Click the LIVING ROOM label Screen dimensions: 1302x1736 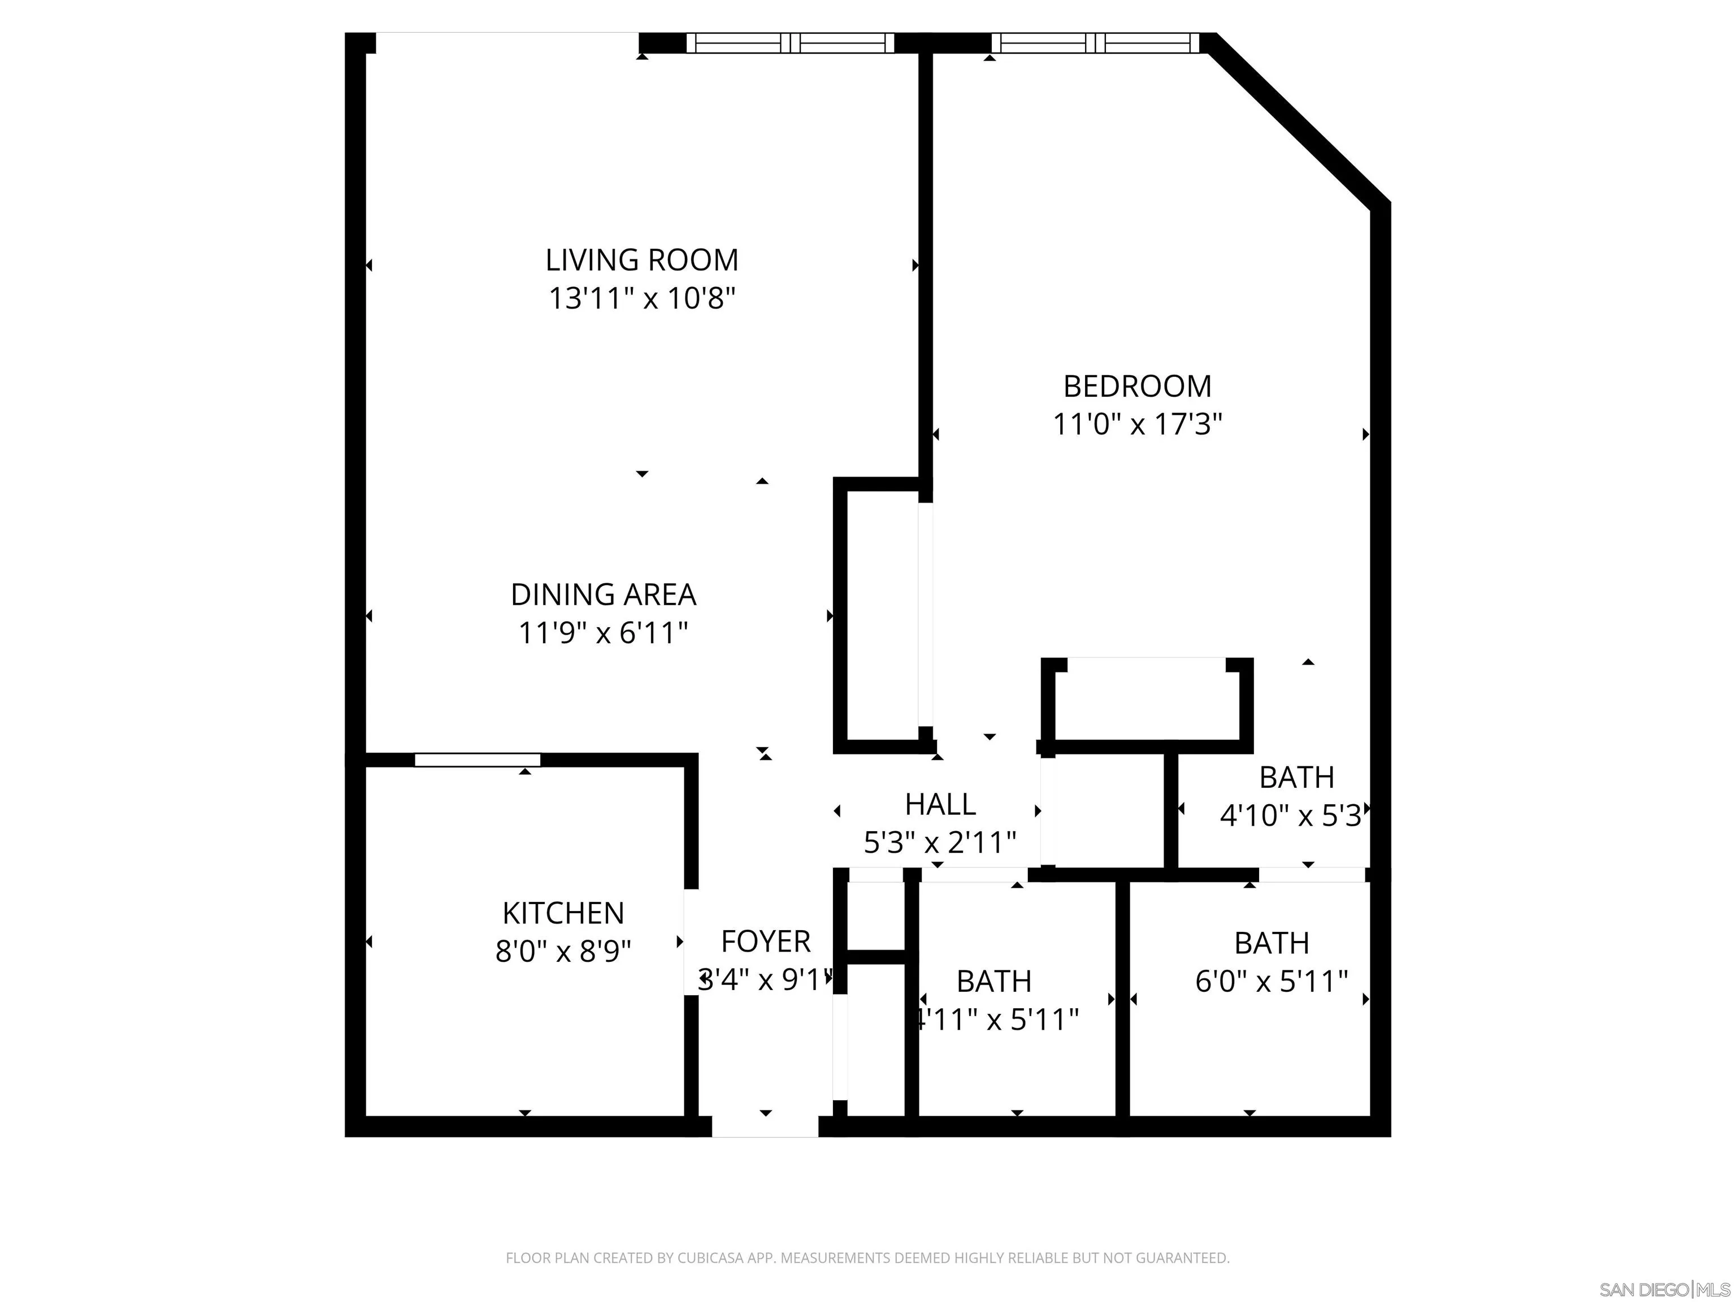click(x=641, y=260)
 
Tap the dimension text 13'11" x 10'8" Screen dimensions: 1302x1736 click(x=641, y=299)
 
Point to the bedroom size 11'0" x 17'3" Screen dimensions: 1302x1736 click(x=1136, y=424)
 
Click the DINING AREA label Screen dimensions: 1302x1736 click(x=603, y=595)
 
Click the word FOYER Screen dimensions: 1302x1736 click(x=765, y=941)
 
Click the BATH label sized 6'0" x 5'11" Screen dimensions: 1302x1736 click(x=1271, y=943)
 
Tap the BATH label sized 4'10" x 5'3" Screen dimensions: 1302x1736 click(x=1296, y=777)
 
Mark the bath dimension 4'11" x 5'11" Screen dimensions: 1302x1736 click(x=997, y=1019)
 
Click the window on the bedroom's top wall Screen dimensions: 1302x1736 click(x=1095, y=42)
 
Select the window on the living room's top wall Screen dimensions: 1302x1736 click(x=791, y=42)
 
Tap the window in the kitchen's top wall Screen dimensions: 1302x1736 click(x=477, y=759)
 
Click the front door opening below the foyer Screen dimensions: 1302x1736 click(x=765, y=1126)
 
